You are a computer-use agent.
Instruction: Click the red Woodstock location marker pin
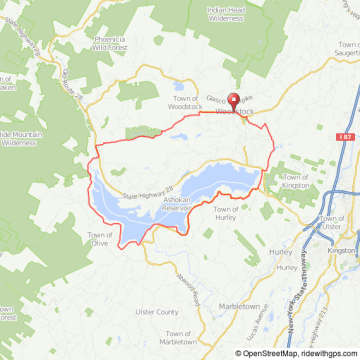(235, 101)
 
